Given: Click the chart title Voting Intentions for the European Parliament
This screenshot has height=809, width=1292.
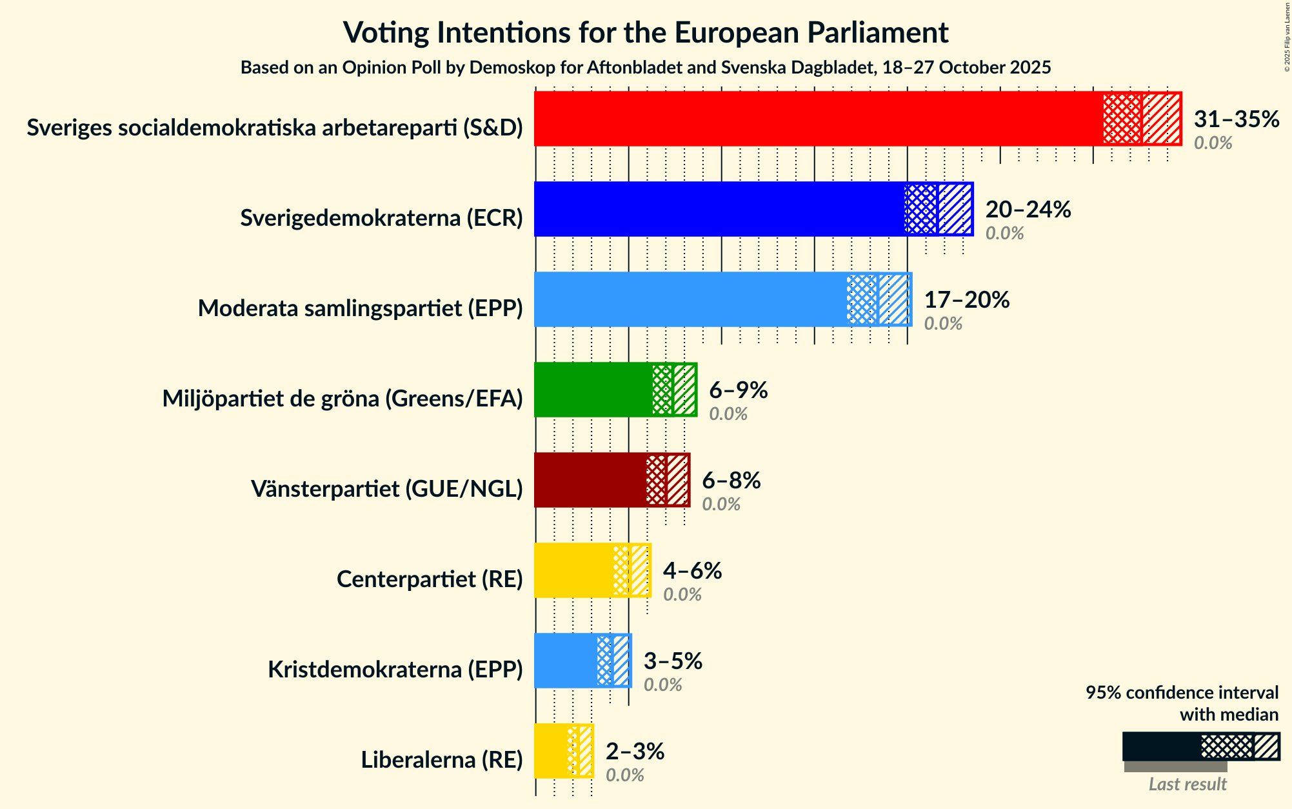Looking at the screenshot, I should [x=646, y=32].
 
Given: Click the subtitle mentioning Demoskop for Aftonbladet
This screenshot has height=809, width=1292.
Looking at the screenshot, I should [x=646, y=68].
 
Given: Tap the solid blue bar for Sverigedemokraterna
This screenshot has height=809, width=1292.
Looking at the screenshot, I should [x=719, y=209].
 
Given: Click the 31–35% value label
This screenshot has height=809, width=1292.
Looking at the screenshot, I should [x=1236, y=119].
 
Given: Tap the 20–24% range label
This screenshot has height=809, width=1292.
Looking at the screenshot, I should [x=1028, y=210].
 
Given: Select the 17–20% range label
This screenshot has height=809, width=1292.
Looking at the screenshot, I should [x=966, y=300].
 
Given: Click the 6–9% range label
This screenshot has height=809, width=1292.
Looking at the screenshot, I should [x=738, y=390].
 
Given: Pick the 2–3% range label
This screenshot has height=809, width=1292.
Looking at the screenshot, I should [x=635, y=752].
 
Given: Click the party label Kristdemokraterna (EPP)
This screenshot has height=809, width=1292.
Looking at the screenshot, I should [x=395, y=670].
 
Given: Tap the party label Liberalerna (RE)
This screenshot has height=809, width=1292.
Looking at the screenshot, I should [x=441, y=760].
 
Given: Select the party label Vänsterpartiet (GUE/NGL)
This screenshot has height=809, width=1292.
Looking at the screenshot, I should [x=386, y=489].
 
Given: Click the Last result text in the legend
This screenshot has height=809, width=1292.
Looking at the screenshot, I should [x=1188, y=784].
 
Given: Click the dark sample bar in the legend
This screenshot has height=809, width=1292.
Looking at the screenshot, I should [x=1161, y=746].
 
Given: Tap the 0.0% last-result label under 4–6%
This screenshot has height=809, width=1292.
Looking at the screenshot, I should [x=682, y=595].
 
